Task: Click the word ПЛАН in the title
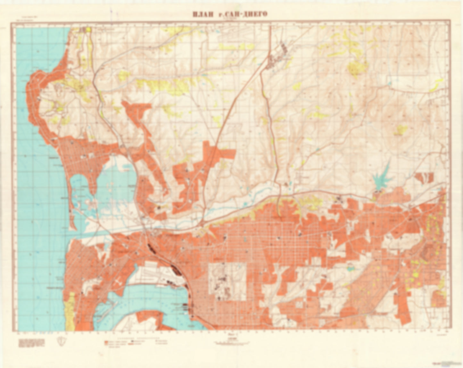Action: [202, 14]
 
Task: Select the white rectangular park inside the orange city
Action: [227, 282]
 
